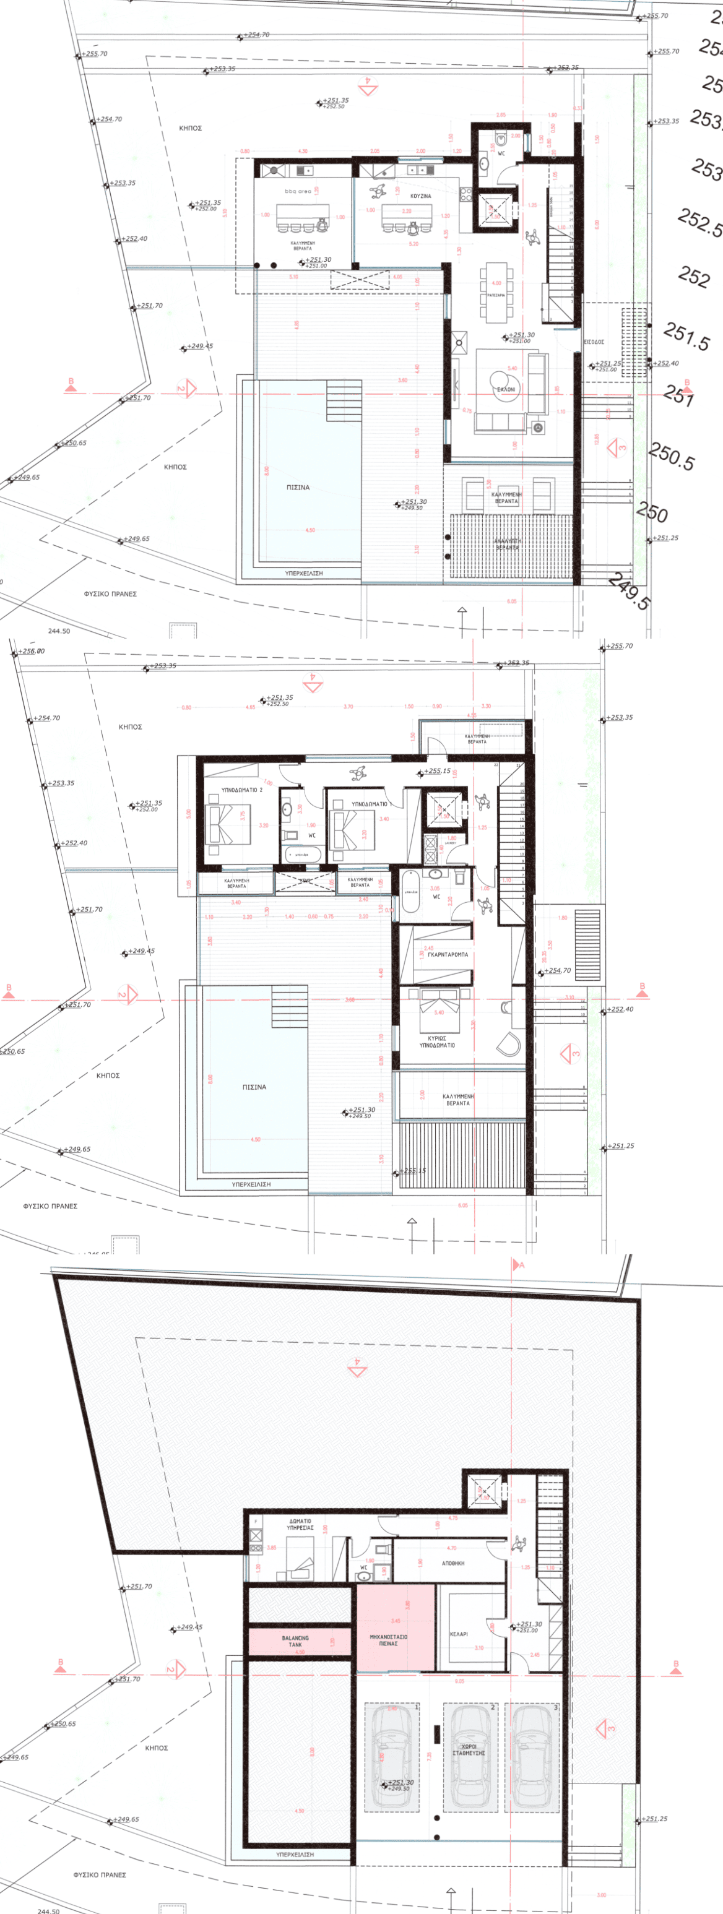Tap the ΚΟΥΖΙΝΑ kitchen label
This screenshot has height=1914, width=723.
pyautogui.click(x=420, y=196)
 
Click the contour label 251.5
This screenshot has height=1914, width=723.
pyautogui.click(x=686, y=336)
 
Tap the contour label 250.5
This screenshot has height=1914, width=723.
pyautogui.click(x=671, y=456)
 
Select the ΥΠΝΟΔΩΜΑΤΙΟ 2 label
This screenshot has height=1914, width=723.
pyautogui.click(x=241, y=790)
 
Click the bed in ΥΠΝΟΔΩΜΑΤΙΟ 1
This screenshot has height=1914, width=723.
pyautogui.click(x=344, y=829)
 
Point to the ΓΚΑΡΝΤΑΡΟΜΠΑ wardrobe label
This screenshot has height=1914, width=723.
pyautogui.click(x=448, y=954)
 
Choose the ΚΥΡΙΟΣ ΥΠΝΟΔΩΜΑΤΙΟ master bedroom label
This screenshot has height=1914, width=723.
pyautogui.click(x=437, y=1041)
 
